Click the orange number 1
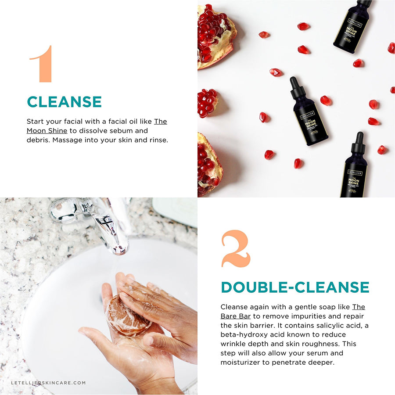click(43, 64)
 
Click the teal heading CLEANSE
click(64, 102)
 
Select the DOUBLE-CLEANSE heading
click(294, 287)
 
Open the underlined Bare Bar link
click(235, 316)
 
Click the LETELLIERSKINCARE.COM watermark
click(48, 383)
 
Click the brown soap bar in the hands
click(129, 316)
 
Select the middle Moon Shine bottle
click(309, 112)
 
